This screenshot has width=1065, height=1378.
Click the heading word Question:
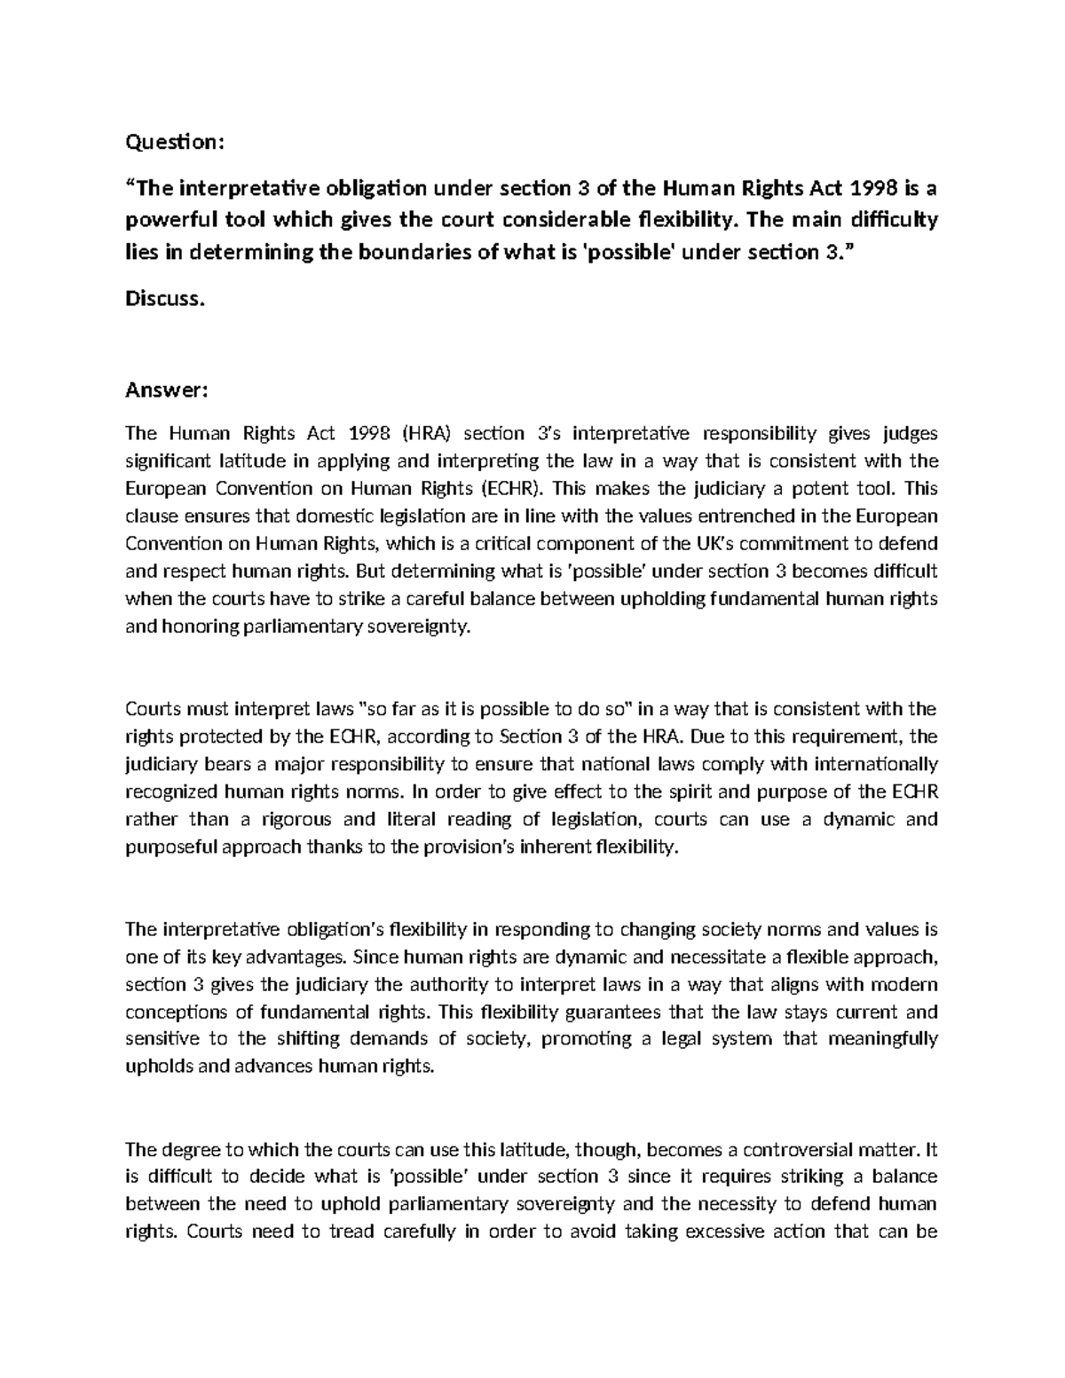click(170, 142)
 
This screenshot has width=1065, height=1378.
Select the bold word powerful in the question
click(165, 219)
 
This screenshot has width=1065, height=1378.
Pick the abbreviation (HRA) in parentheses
click(426, 433)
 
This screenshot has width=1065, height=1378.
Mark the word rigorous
click(317, 819)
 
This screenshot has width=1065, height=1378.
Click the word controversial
click(791, 1150)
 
